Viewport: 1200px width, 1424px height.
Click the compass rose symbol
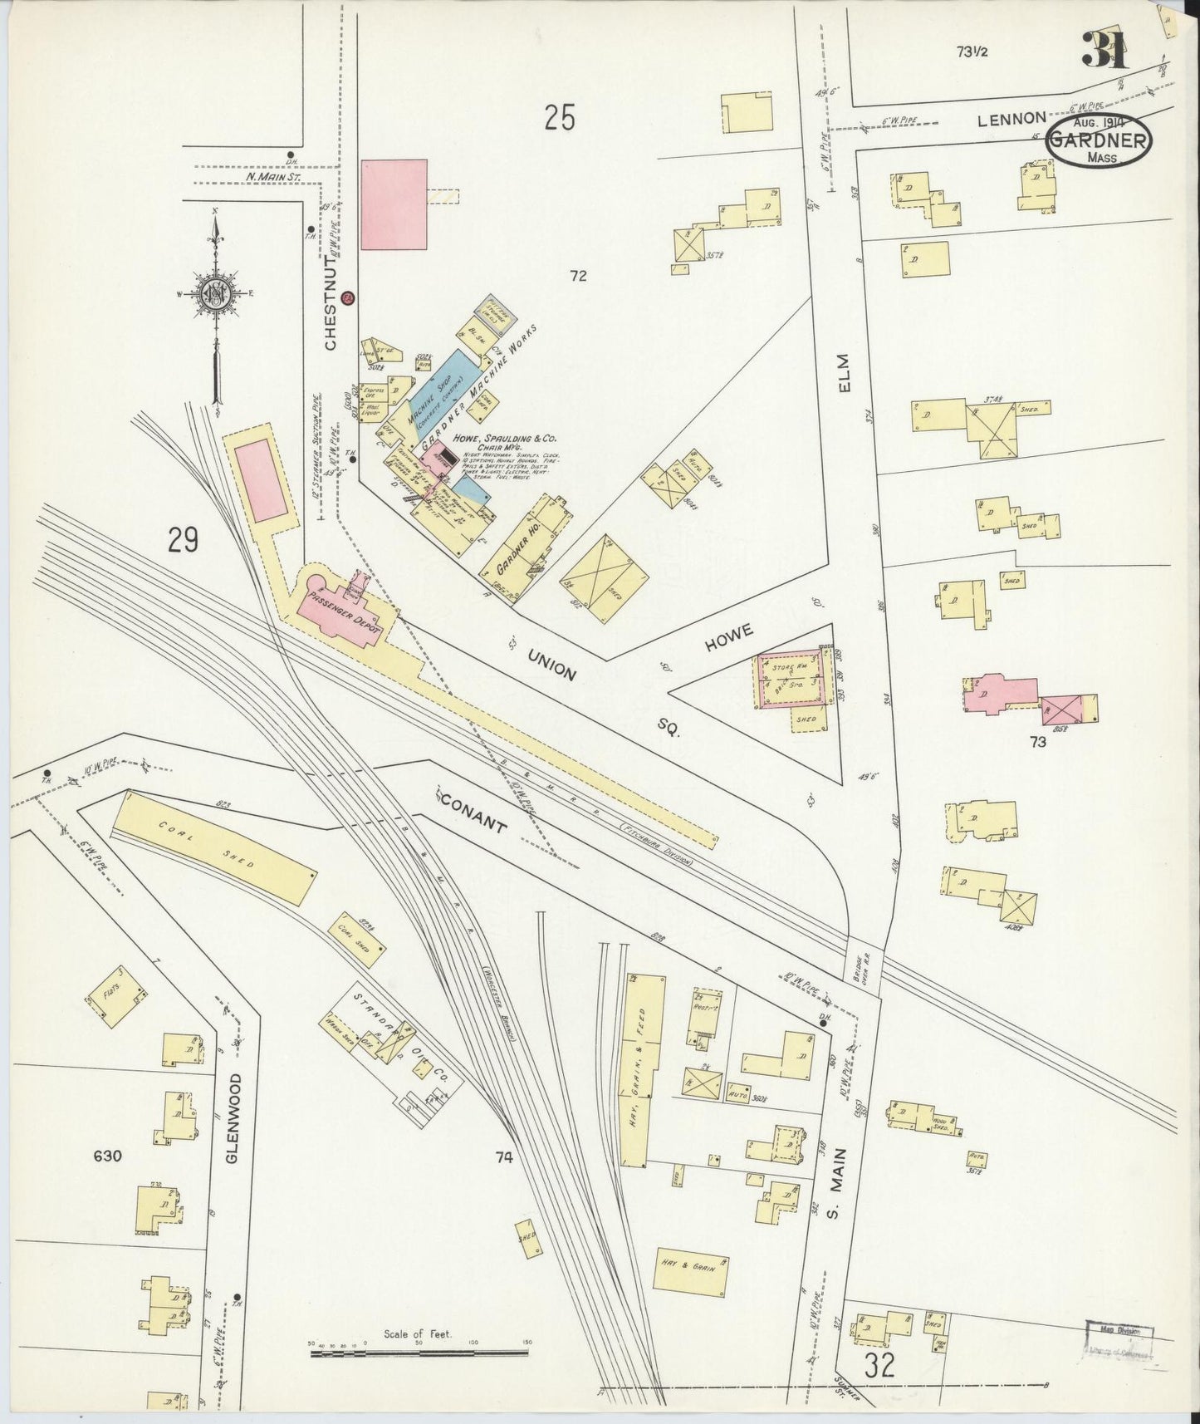tap(216, 295)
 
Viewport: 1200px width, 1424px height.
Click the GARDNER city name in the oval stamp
tap(1099, 140)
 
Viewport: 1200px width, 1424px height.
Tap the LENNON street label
tap(1010, 120)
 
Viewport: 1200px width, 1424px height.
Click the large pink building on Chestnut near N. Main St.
tap(394, 204)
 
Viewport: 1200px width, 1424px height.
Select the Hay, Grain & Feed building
tap(644, 1070)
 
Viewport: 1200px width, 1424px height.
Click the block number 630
tap(108, 1156)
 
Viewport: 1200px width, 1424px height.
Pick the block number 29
tap(184, 541)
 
